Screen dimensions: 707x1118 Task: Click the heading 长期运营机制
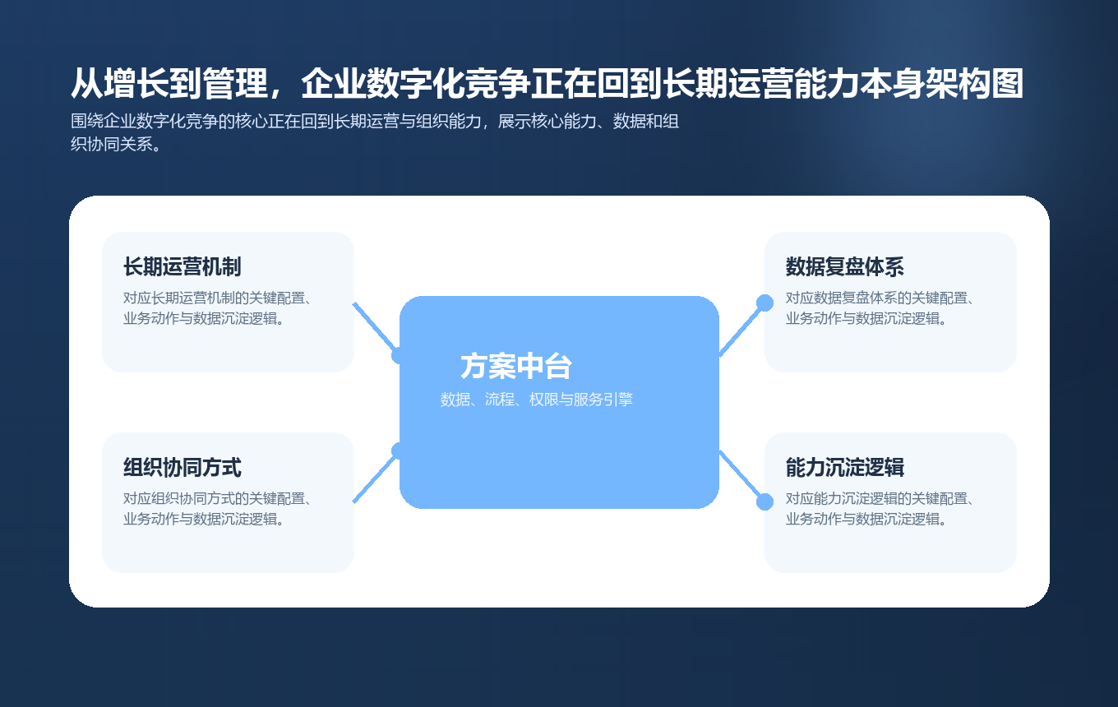point(182,267)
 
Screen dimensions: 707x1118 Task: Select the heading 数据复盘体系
point(844,267)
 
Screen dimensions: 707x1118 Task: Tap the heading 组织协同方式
point(182,468)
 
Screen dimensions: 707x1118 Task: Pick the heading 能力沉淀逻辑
point(844,468)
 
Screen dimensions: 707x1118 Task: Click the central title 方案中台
point(515,367)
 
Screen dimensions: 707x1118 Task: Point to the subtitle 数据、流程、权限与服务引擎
point(536,400)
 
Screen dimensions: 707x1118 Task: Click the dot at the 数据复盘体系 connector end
point(765,303)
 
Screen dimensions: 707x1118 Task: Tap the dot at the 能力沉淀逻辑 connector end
point(765,501)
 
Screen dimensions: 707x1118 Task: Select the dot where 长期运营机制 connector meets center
point(400,356)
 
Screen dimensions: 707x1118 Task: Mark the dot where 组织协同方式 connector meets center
point(400,451)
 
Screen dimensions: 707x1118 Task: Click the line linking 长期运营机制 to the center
point(374,326)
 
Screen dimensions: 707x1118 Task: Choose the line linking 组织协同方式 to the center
point(374,478)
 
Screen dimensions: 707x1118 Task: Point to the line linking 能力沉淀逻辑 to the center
point(741,476)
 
